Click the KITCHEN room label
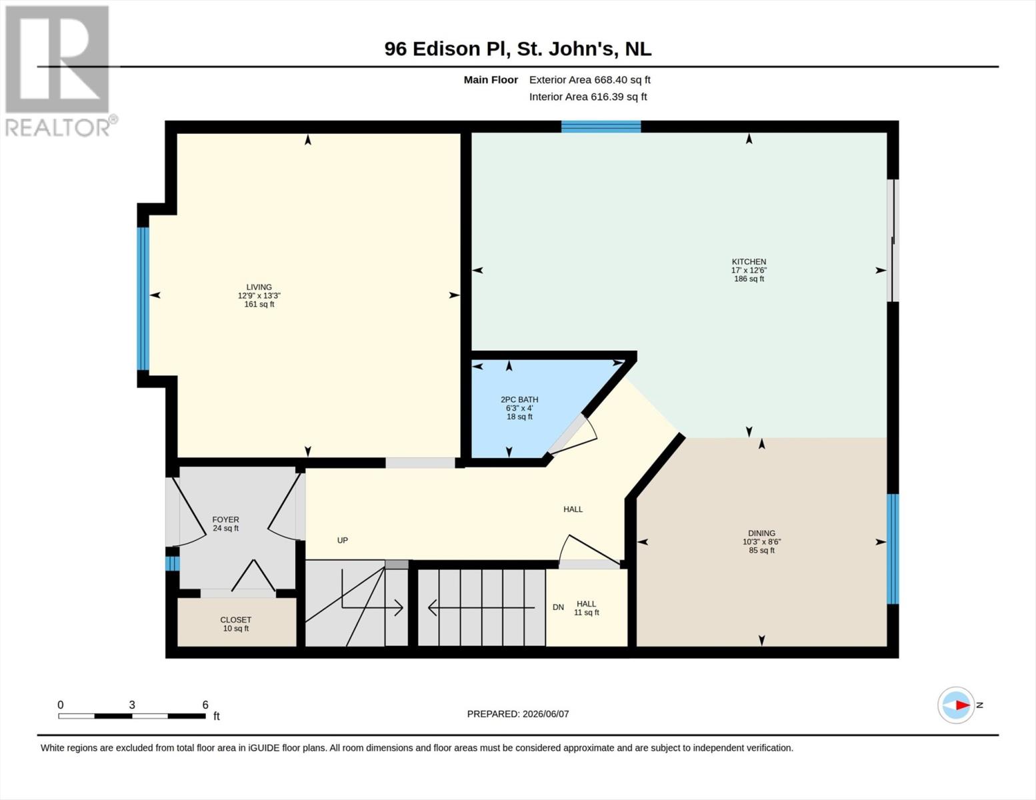click(x=749, y=262)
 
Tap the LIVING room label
click(x=259, y=287)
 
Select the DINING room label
click(x=761, y=533)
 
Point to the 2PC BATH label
click(x=519, y=399)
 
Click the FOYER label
click(x=225, y=519)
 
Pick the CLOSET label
click(x=235, y=620)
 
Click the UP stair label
click(x=342, y=540)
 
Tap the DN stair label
click(x=558, y=607)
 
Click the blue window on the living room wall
click(x=143, y=299)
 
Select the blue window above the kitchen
click(x=601, y=127)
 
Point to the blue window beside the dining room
click(x=893, y=549)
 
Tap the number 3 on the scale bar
click(x=131, y=705)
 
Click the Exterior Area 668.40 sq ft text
click(x=590, y=79)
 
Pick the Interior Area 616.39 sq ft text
click(x=588, y=97)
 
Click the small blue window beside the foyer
click(x=172, y=563)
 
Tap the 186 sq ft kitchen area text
click(x=749, y=279)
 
